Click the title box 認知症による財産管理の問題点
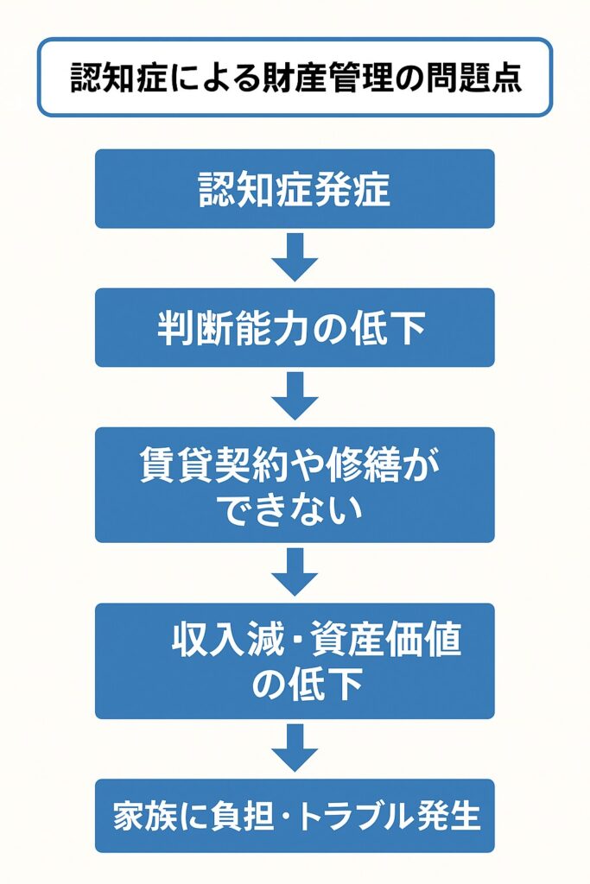295,77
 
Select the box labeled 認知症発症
295,189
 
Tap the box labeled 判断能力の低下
295,328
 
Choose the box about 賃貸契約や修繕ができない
295,484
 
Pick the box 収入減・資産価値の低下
295,660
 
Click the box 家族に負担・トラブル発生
295,816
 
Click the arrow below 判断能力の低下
295,396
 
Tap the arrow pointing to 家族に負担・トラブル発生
295,748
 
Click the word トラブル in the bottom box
358,817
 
